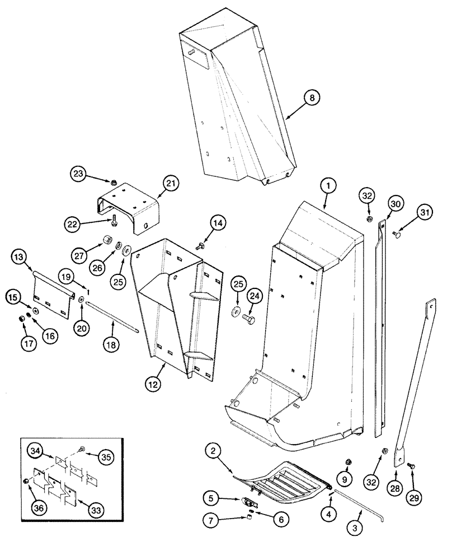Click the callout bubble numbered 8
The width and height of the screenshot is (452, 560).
(312, 97)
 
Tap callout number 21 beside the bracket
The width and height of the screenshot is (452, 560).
(170, 183)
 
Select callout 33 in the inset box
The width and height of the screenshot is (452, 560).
(96, 511)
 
